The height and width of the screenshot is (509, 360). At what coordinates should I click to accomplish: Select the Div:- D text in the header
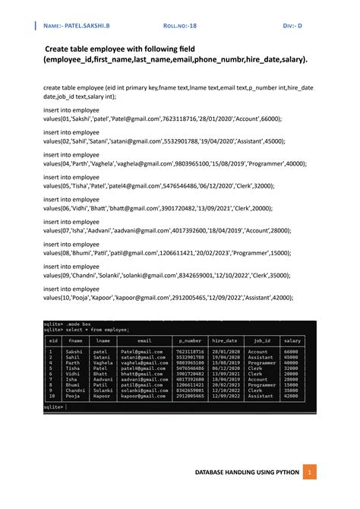pos(292,25)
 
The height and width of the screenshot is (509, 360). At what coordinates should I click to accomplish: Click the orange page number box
pos(309,473)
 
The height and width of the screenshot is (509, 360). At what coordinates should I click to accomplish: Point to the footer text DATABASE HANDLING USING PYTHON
pos(248,473)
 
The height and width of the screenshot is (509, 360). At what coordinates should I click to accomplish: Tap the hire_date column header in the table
pos(225,341)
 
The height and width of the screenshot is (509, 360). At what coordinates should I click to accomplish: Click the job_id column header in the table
pos(261,341)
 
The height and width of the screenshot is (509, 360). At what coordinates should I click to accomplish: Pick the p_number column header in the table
pos(190,341)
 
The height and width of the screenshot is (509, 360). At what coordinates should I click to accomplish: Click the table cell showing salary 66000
pos(290,352)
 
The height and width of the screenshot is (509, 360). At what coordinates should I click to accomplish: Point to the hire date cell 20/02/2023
pos(225,385)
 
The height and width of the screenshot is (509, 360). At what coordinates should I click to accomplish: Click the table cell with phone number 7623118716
pos(190,352)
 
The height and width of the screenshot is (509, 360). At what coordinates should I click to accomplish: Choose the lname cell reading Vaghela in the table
pos(103,363)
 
